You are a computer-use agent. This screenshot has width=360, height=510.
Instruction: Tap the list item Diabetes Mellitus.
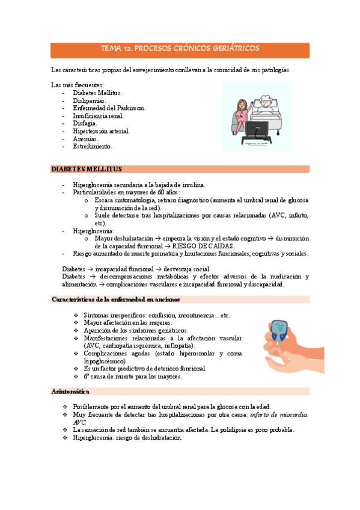[x=97, y=93]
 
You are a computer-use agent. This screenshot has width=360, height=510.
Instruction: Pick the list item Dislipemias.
[x=89, y=101]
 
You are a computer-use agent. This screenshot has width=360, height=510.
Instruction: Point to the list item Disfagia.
[x=85, y=123]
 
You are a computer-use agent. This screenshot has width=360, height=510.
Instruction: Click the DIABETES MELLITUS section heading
[x=87, y=170]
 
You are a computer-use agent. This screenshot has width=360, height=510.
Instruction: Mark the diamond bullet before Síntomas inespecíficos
[x=75, y=315]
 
